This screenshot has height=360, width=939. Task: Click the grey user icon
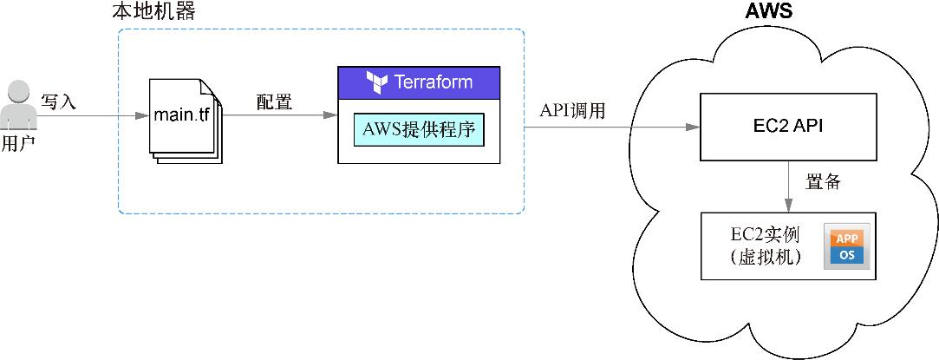tap(17, 104)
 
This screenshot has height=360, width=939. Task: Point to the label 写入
tap(59, 102)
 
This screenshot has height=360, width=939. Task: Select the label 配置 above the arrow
tap(274, 101)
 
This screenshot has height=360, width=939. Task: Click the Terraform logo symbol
tap(377, 82)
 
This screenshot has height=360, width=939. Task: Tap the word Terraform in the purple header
tap(434, 82)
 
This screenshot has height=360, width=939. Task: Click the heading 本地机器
tap(154, 12)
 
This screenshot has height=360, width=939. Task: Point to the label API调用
tap(571, 111)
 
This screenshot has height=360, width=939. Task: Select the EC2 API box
tap(787, 127)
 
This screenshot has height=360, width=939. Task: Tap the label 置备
tap(822, 183)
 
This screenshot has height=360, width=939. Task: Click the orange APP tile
tap(845, 239)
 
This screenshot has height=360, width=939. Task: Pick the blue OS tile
tap(845, 257)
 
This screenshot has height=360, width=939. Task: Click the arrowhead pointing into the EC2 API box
tap(693, 128)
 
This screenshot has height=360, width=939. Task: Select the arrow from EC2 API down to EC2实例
tap(788, 186)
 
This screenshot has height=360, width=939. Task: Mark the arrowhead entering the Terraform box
tap(330, 115)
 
